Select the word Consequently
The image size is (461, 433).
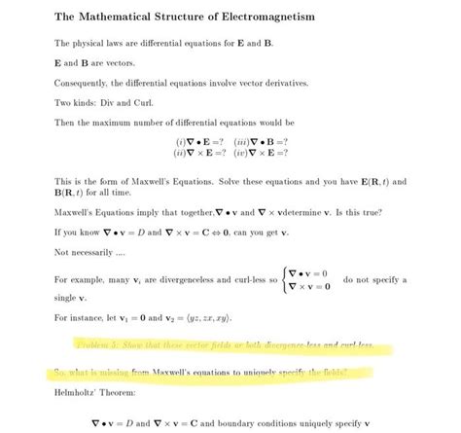click(x=81, y=84)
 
